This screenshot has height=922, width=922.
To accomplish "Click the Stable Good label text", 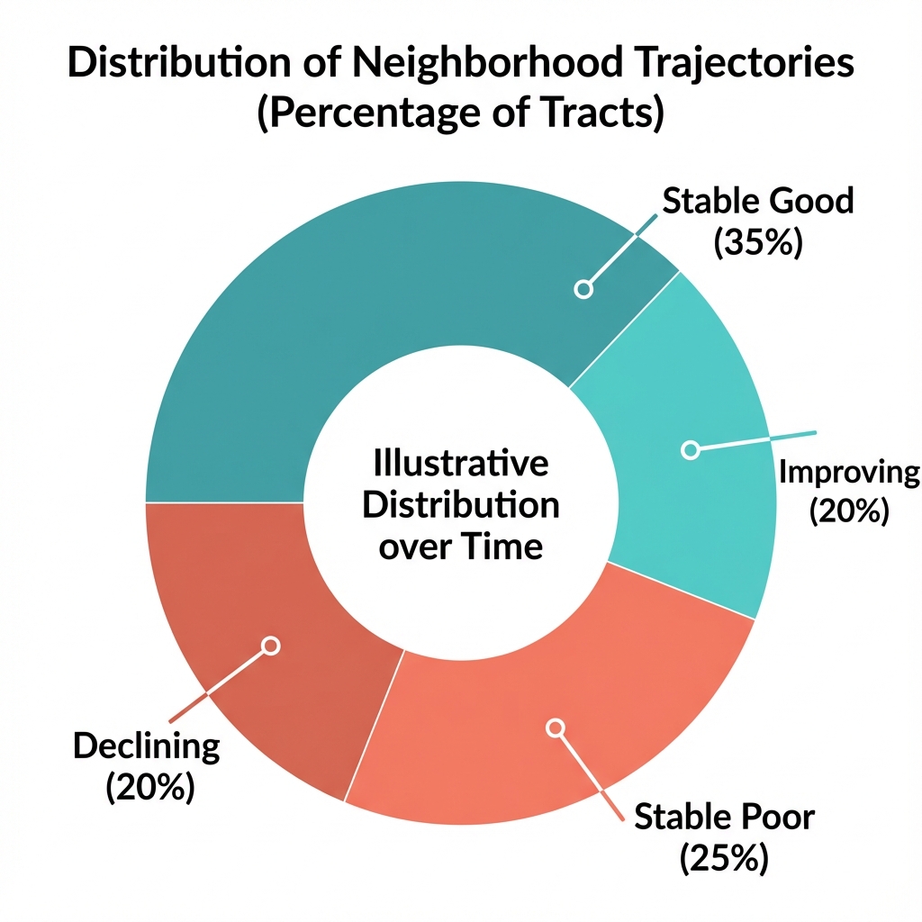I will (757, 200).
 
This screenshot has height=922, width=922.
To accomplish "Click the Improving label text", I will (848, 472).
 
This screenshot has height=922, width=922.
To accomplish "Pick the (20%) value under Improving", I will (848, 511).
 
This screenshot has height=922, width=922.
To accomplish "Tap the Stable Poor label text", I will (724, 818).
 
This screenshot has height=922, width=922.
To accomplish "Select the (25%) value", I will (724, 858).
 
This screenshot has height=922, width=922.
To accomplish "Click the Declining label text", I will (146, 746).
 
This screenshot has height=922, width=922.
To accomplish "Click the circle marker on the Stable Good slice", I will (583, 289).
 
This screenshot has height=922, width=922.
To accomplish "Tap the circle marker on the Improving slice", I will (691, 449).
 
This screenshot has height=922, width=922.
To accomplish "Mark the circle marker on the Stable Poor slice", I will (556, 727).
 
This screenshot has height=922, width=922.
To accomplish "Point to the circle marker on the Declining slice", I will (271, 646).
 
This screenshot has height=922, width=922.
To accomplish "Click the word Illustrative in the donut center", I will (460, 465).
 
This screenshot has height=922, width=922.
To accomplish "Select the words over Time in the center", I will (460, 546).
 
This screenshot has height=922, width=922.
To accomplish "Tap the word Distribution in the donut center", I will (460, 505).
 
